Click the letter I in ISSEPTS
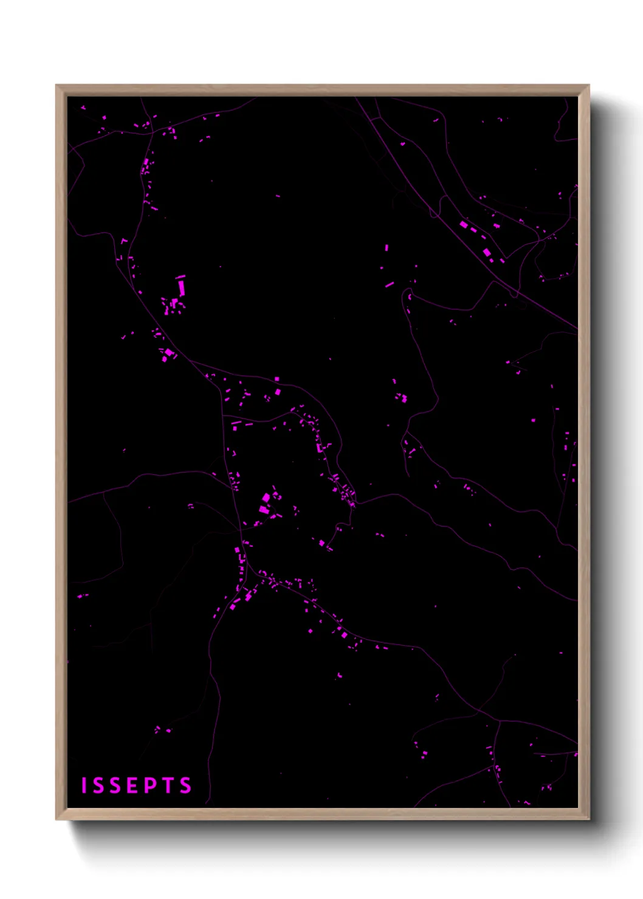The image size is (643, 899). point(84,785)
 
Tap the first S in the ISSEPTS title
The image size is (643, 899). point(98,785)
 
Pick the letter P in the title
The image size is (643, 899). point(151,785)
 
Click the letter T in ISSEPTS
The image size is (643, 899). point(169,785)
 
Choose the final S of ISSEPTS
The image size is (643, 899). point(185,785)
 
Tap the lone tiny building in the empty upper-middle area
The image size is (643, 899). point(278,196)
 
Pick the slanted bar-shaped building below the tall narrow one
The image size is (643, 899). point(390,284)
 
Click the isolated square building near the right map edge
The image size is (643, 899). point(533,420)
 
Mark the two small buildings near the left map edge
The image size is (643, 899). point(81,596)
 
